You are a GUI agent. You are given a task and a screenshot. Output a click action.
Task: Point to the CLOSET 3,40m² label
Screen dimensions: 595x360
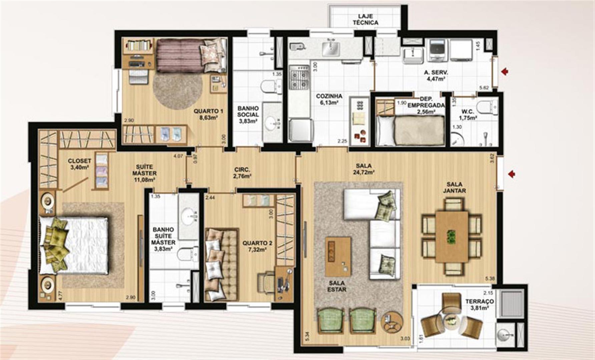click(x=79, y=164)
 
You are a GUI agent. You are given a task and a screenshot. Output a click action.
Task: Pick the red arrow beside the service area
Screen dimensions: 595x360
click(x=505, y=71)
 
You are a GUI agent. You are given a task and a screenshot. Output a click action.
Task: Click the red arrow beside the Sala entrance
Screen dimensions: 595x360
click(x=511, y=174)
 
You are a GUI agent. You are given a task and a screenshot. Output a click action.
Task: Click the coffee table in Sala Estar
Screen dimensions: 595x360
click(x=338, y=257)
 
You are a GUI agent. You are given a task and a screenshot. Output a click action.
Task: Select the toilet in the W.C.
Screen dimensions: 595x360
click(x=486, y=107)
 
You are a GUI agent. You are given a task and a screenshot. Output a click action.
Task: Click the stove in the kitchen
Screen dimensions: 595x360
click(x=299, y=78)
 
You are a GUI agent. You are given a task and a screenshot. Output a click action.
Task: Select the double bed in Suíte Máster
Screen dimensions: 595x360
click(x=74, y=245)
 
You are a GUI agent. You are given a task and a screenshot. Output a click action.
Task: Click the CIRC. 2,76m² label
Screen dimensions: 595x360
click(x=242, y=173)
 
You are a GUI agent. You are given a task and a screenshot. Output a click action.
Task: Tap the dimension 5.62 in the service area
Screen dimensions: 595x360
click(x=484, y=88)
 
